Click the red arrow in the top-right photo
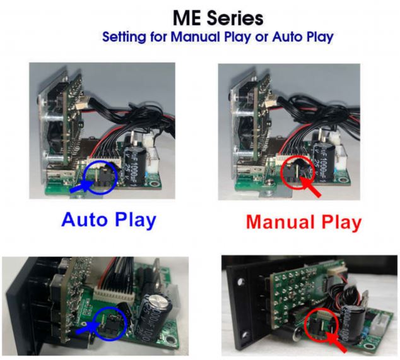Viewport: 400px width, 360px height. (311, 186)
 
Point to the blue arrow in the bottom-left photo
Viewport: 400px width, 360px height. (87, 328)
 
